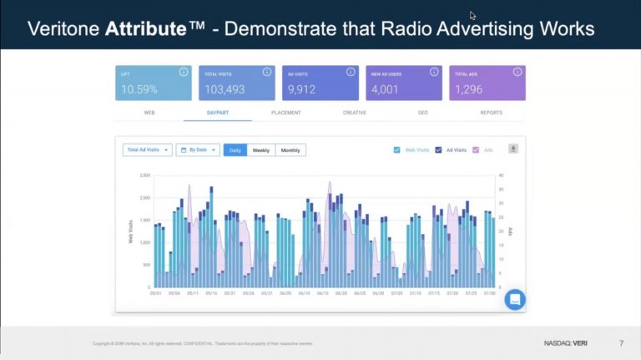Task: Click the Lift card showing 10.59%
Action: pyautogui.click(x=153, y=84)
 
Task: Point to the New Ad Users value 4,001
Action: pyautogui.click(x=385, y=89)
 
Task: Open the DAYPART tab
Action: pyautogui.click(x=218, y=113)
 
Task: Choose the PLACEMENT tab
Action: pyautogui.click(x=286, y=113)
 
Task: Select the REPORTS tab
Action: pyautogui.click(x=491, y=113)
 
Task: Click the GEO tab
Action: pyautogui.click(x=421, y=113)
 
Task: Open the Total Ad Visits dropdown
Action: pyautogui.click(x=147, y=150)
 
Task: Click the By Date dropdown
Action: pyautogui.click(x=198, y=150)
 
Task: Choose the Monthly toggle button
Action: pyautogui.click(x=290, y=150)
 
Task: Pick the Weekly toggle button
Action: pyautogui.click(x=260, y=150)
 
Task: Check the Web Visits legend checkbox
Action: pyautogui.click(x=396, y=150)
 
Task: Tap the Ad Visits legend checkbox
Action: pyautogui.click(x=438, y=150)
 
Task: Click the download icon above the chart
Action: pyautogui.click(x=513, y=149)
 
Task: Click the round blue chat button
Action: pyautogui.click(x=515, y=300)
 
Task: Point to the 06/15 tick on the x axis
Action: pyautogui.click(x=322, y=293)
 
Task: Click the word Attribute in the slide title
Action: pyautogui.click(x=144, y=29)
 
